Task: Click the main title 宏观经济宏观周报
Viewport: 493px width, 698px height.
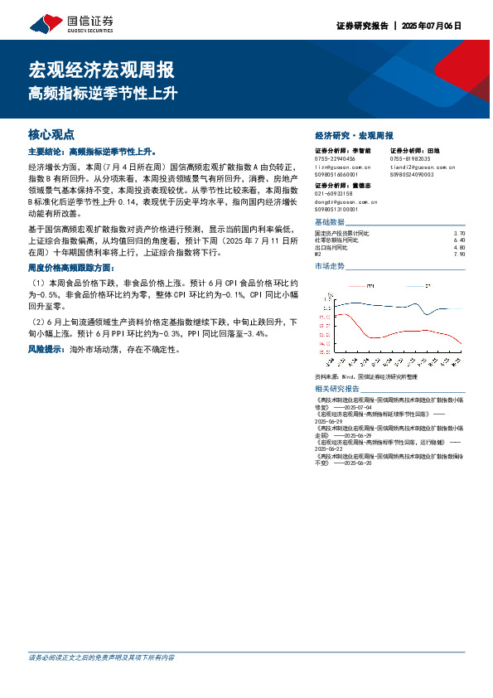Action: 101,70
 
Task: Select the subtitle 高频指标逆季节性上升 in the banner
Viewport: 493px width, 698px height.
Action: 103,94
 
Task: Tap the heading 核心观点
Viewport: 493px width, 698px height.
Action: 51,134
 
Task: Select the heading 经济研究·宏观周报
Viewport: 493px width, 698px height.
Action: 355,135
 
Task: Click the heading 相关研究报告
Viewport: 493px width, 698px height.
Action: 337,389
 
